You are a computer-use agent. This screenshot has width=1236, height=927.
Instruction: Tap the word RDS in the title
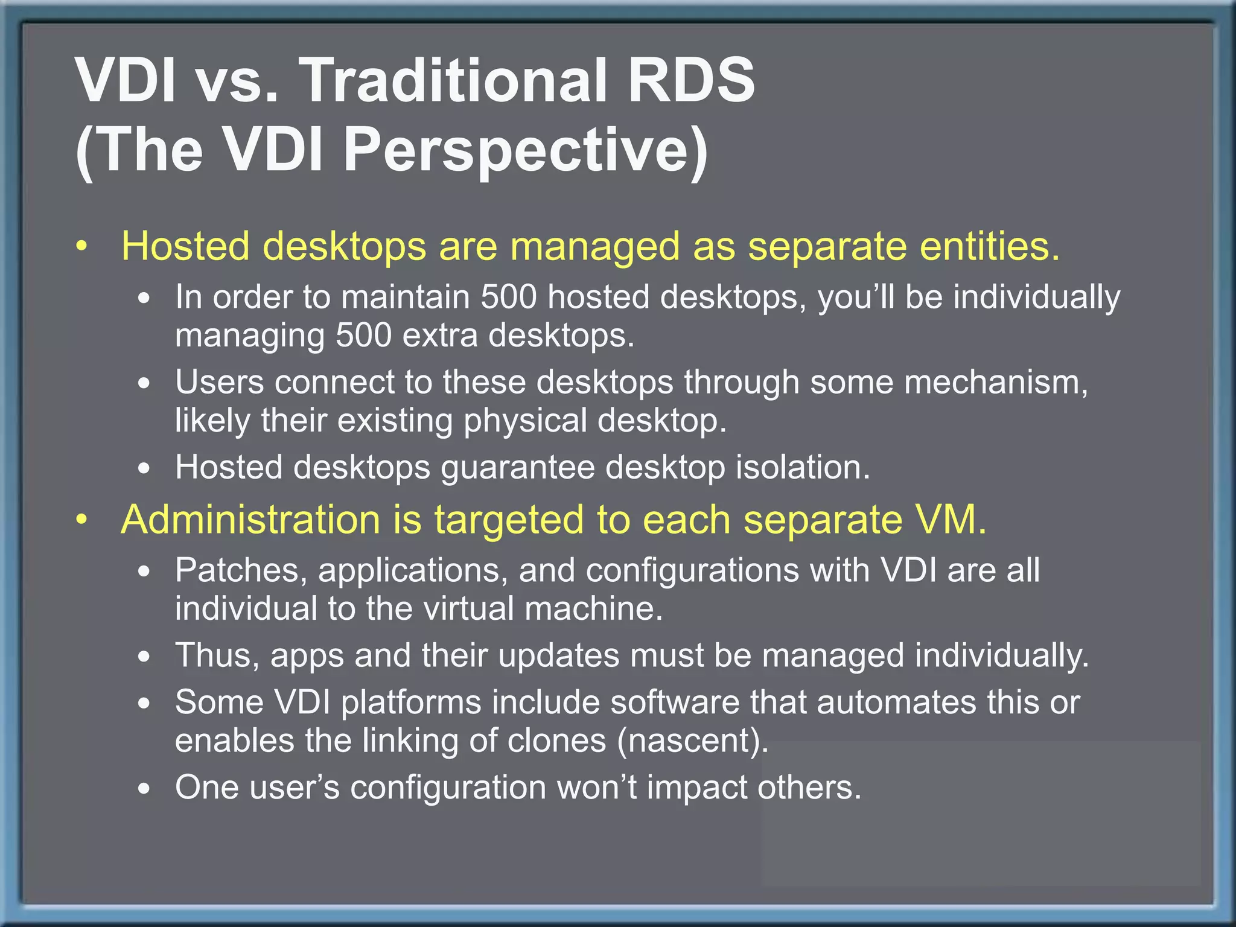pyautogui.click(x=690, y=81)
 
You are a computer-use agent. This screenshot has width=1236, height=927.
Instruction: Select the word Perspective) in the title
pyautogui.click(x=525, y=151)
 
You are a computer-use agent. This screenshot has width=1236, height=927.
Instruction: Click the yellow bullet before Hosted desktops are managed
pyautogui.click(x=83, y=247)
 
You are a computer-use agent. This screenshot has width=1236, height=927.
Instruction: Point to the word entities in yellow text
pyautogui.click(x=990, y=247)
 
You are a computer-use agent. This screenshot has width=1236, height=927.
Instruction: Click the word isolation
pyautogui.click(x=803, y=468)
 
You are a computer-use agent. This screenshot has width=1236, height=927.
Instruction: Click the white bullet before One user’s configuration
pyautogui.click(x=144, y=789)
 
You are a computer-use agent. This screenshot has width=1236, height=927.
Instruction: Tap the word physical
pyautogui.click(x=525, y=421)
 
